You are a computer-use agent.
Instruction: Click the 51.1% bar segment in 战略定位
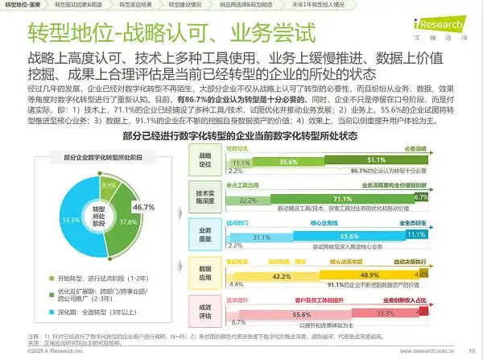coord(376,161)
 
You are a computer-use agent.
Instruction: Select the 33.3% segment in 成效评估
coord(385,313)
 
